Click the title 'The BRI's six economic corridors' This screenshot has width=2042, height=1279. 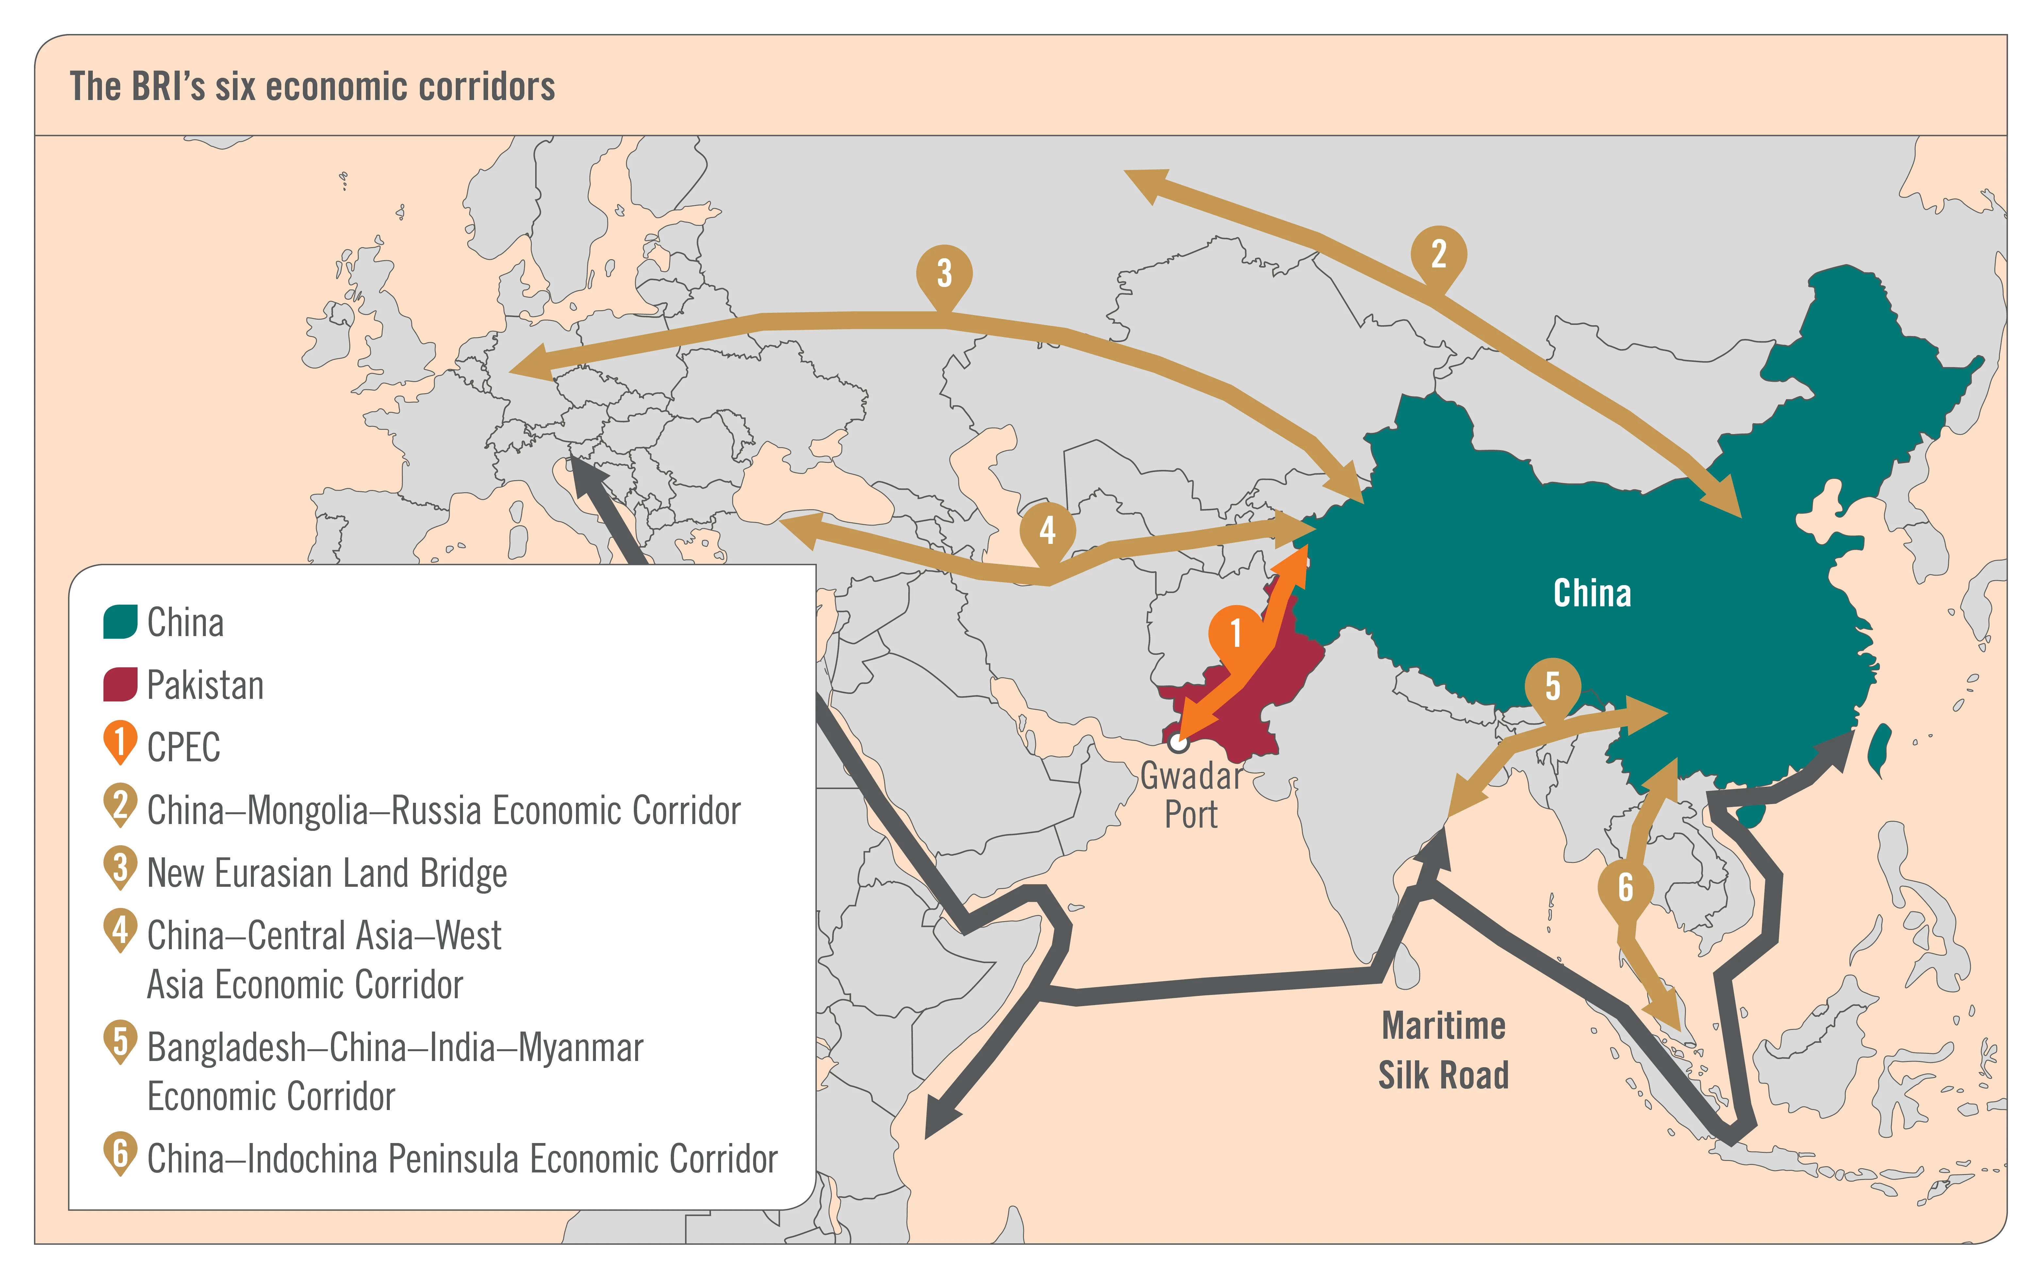312,86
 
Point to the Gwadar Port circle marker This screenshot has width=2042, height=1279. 1178,743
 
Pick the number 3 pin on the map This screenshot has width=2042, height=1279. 945,272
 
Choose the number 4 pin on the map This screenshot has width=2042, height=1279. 1047,530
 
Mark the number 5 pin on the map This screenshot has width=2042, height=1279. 1553,685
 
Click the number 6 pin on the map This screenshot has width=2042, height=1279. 1625,886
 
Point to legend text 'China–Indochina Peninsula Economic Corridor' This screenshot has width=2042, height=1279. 462,1159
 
